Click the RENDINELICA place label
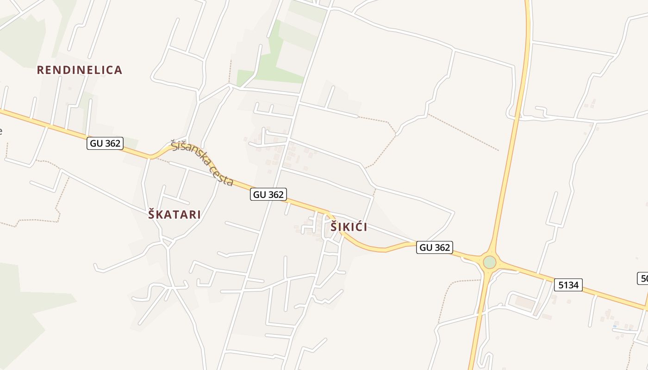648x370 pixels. [x=79, y=70]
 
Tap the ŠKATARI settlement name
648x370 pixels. [x=174, y=215]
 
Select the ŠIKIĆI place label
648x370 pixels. [x=349, y=227]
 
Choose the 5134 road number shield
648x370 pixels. [x=568, y=285]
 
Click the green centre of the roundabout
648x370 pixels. [x=489, y=262]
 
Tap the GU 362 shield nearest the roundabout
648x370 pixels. [x=434, y=247]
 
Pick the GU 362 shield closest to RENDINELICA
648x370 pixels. [x=106, y=143]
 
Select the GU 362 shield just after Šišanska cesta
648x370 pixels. [x=268, y=194]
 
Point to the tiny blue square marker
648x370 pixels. [x=615, y=326]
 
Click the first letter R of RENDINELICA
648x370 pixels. [x=40, y=70]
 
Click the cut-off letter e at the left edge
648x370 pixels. [x=1, y=131]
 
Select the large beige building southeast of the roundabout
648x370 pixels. [x=525, y=303]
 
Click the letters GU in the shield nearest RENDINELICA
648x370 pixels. [x=96, y=143]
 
